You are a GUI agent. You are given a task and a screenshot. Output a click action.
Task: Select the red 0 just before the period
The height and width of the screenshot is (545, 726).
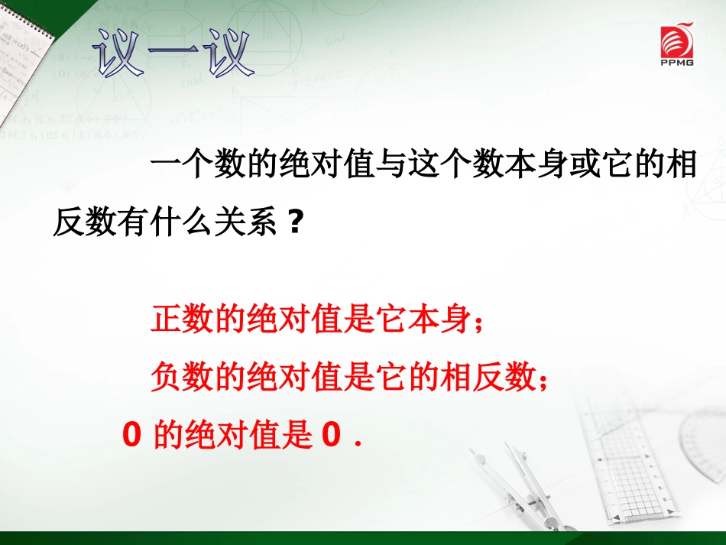[330, 436]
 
